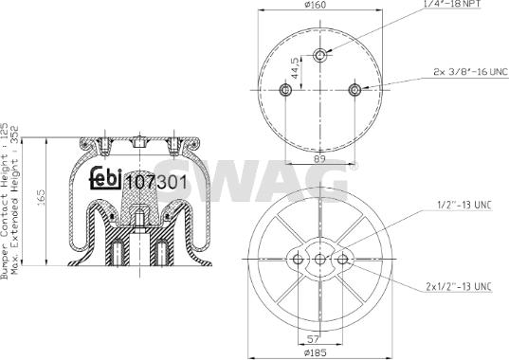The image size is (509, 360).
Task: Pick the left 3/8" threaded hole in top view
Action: [x=286, y=90]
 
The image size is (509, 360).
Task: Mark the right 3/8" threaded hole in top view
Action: [x=354, y=90]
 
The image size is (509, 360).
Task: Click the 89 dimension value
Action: [x=321, y=159]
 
